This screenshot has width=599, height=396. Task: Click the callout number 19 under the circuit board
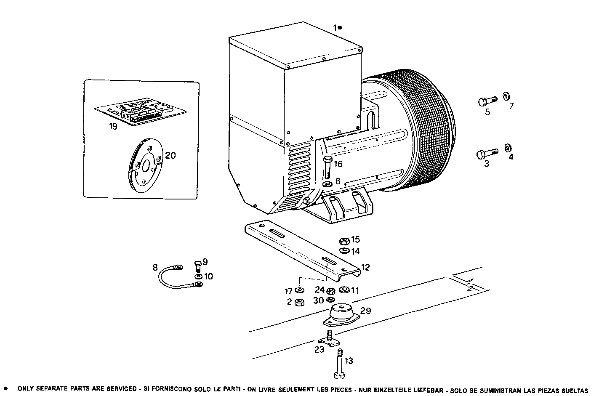click(113, 126)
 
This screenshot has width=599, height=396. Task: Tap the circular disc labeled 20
click(145, 166)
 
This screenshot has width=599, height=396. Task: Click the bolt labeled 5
click(488, 101)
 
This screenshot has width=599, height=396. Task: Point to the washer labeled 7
click(506, 96)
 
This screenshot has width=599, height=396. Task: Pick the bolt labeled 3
click(487, 153)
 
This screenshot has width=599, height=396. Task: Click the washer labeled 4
click(507, 148)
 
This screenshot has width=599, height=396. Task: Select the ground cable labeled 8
click(177, 278)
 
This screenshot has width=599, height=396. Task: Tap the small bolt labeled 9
click(198, 266)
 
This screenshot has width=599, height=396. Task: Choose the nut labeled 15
click(343, 241)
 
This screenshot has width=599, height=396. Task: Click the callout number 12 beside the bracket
click(365, 267)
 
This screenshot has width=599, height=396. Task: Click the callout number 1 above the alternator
click(335, 27)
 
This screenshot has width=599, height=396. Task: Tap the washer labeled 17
click(299, 291)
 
